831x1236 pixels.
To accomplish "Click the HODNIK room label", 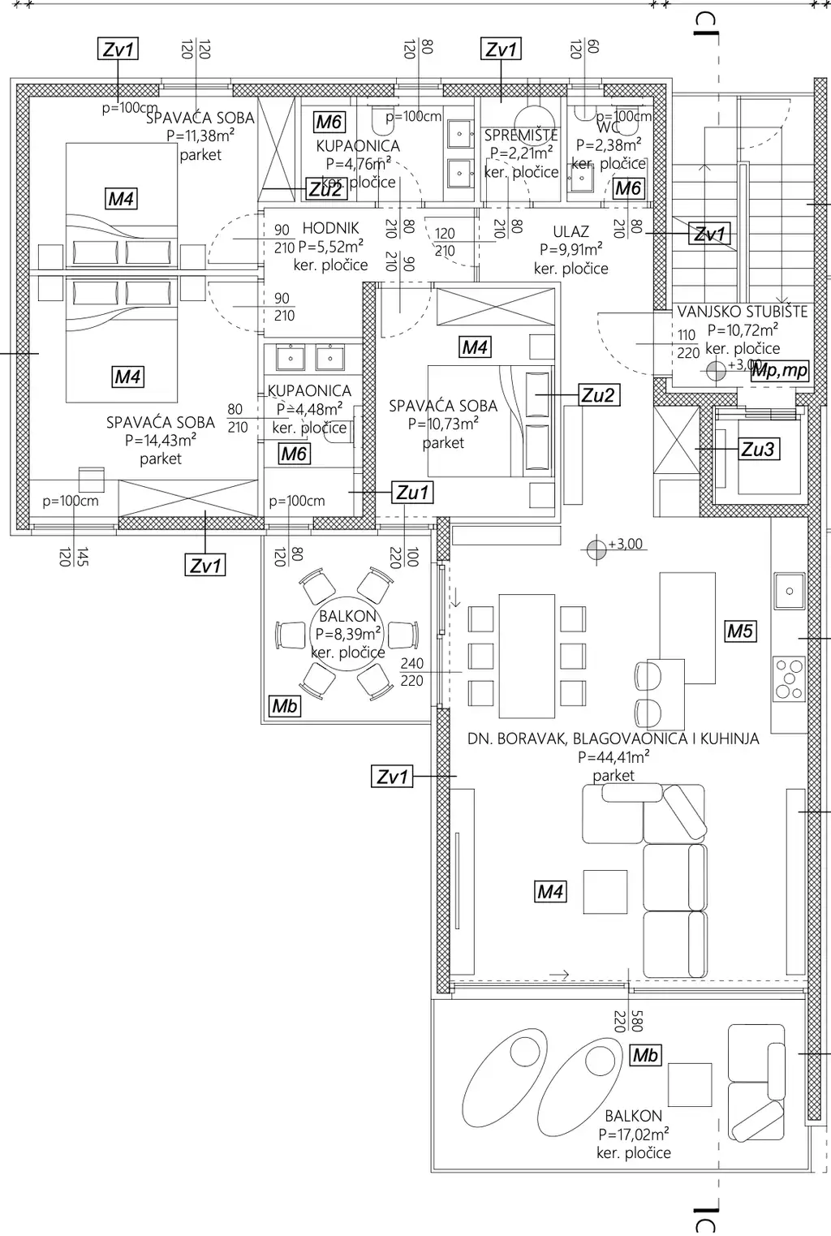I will click(x=330, y=229).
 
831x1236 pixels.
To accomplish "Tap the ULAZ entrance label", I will click(x=571, y=232).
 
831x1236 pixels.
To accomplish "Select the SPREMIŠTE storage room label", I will click(x=521, y=136).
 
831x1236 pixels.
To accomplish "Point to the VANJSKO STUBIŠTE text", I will click(x=742, y=312).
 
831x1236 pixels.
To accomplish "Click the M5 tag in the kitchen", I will click(x=739, y=631).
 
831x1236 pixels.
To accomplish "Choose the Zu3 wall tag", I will click(x=757, y=449).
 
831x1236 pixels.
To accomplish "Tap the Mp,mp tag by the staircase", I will click(x=780, y=371).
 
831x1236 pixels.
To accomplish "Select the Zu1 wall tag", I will click(x=412, y=493).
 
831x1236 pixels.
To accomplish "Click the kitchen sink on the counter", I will click(x=788, y=591).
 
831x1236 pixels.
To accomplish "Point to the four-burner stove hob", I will click(x=788, y=678).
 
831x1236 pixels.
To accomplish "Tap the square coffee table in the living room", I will click(x=605, y=892).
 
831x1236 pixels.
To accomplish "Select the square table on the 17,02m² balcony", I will click(x=689, y=1085).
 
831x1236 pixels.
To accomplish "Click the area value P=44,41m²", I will click(x=613, y=757).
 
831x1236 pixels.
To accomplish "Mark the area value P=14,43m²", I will click(x=160, y=441).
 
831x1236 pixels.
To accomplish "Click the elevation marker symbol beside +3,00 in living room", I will click(x=596, y=549).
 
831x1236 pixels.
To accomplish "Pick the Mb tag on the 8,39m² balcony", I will click(x=284, y=706).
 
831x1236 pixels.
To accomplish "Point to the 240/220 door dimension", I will click(x=411, y=672).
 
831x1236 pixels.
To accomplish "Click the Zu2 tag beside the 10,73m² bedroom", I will click(x=597, y=395).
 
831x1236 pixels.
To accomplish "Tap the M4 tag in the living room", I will click(x=550, y=892).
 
